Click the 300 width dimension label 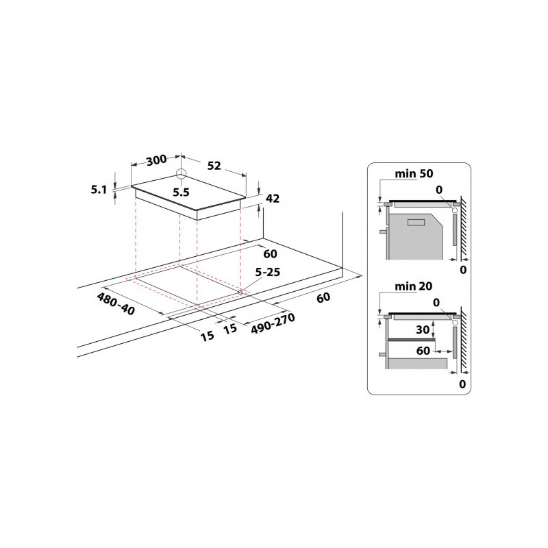157,160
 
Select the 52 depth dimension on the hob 214,166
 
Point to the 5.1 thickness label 99,190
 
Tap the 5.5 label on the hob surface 181,192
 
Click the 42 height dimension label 273,199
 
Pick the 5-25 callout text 268,272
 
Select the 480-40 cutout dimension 116,303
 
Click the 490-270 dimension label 273,323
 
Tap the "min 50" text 414,174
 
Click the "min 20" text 414,286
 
